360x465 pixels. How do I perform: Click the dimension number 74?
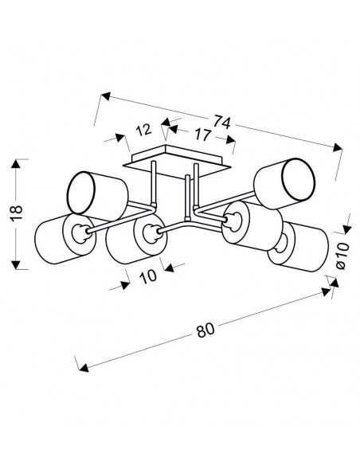coord(221,122)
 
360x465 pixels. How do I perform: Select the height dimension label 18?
coord(17,213)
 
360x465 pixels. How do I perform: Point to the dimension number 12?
coord(143,131)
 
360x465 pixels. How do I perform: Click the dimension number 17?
coord(202,135)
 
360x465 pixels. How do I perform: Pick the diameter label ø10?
coord(342,256)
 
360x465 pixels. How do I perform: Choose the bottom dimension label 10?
coord(147,276)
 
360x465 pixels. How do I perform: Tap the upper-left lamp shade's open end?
coord(81,193)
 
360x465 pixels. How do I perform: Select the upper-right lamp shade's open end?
coord(297,179)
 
